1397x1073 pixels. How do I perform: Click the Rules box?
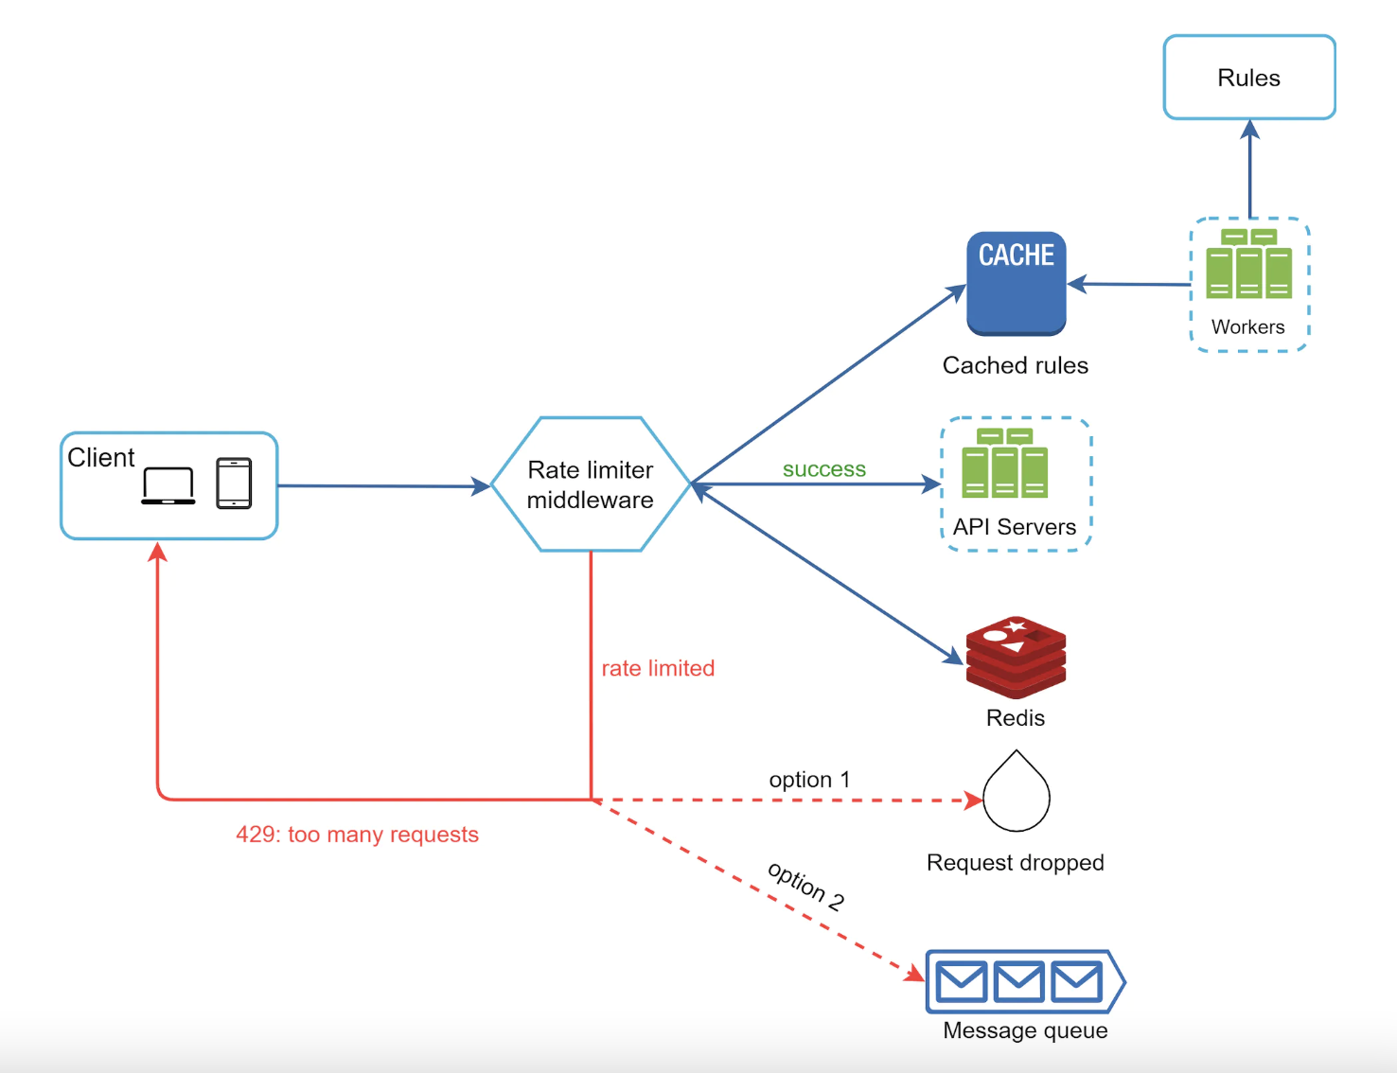1248,78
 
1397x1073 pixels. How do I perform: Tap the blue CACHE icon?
1016,283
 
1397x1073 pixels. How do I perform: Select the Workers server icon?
1248,264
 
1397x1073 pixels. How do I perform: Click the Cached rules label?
1015,365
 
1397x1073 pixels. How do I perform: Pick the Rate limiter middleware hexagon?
590,484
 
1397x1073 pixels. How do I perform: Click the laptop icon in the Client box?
168,485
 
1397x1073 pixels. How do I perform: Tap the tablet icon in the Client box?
234,484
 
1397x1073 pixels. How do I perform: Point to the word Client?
100,458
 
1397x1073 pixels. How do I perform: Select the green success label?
823,469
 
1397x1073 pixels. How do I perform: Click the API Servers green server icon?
1004,463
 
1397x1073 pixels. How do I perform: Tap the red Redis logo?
1016,657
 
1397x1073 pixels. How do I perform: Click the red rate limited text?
658,668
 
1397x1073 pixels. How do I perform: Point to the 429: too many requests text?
357,835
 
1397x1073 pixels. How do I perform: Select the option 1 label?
809,780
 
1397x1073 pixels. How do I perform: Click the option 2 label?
805,886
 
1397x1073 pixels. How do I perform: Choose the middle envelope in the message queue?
1018,982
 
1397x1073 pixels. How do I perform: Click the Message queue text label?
1025,1030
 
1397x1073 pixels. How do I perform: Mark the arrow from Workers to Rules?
1249,170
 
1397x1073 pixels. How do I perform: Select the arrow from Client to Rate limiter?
383,486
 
